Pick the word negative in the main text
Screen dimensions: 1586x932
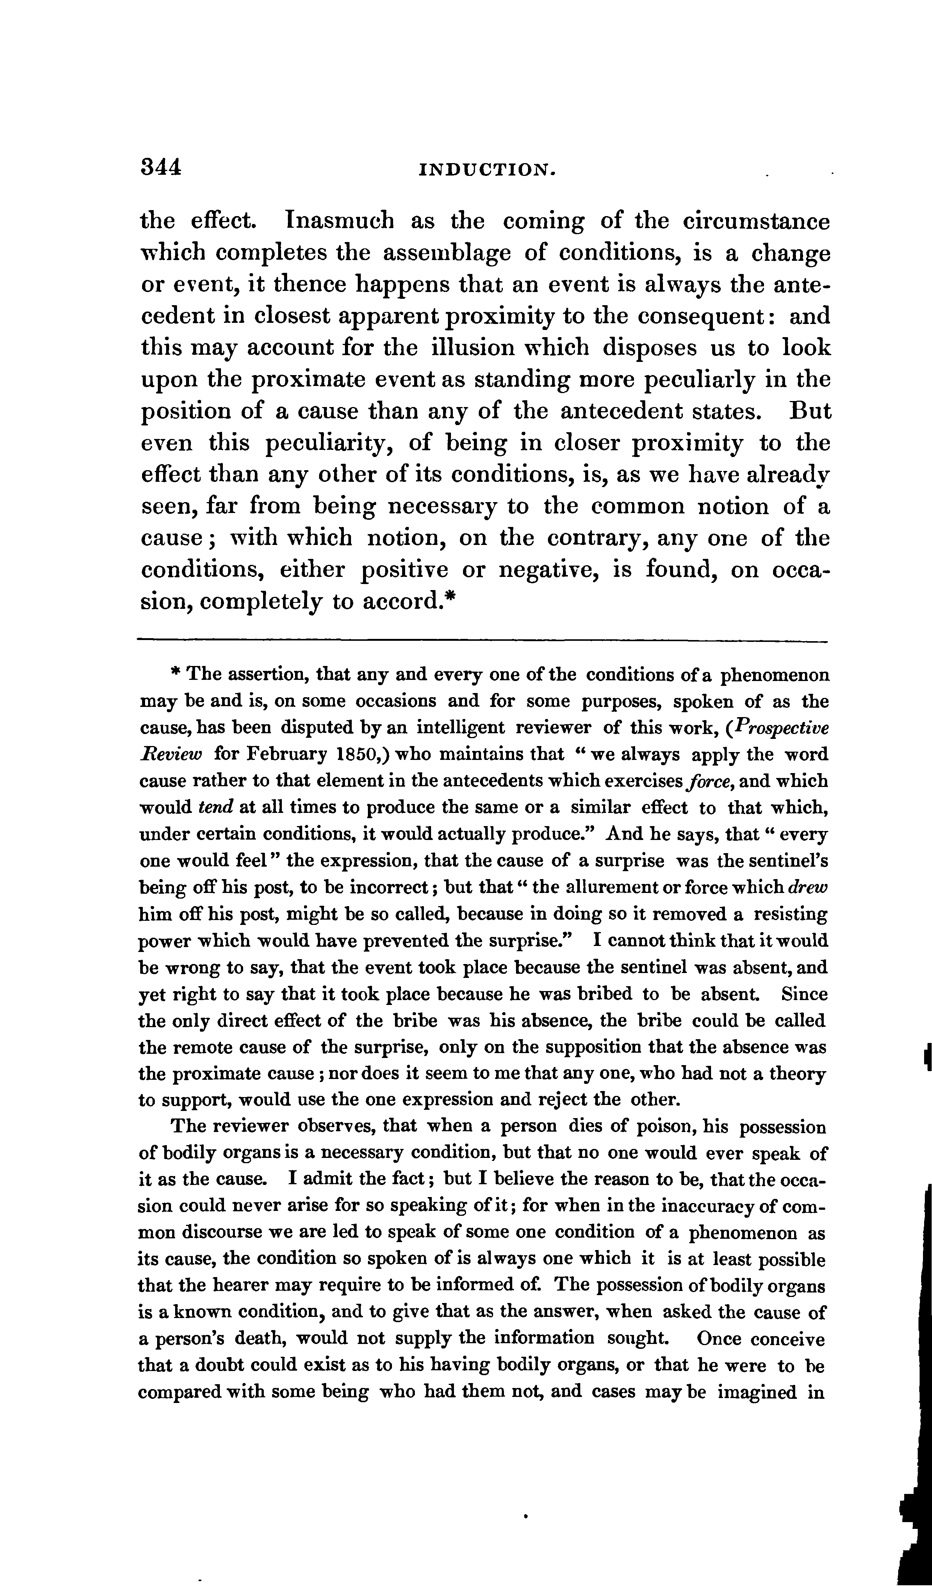(x=561, y=570)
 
